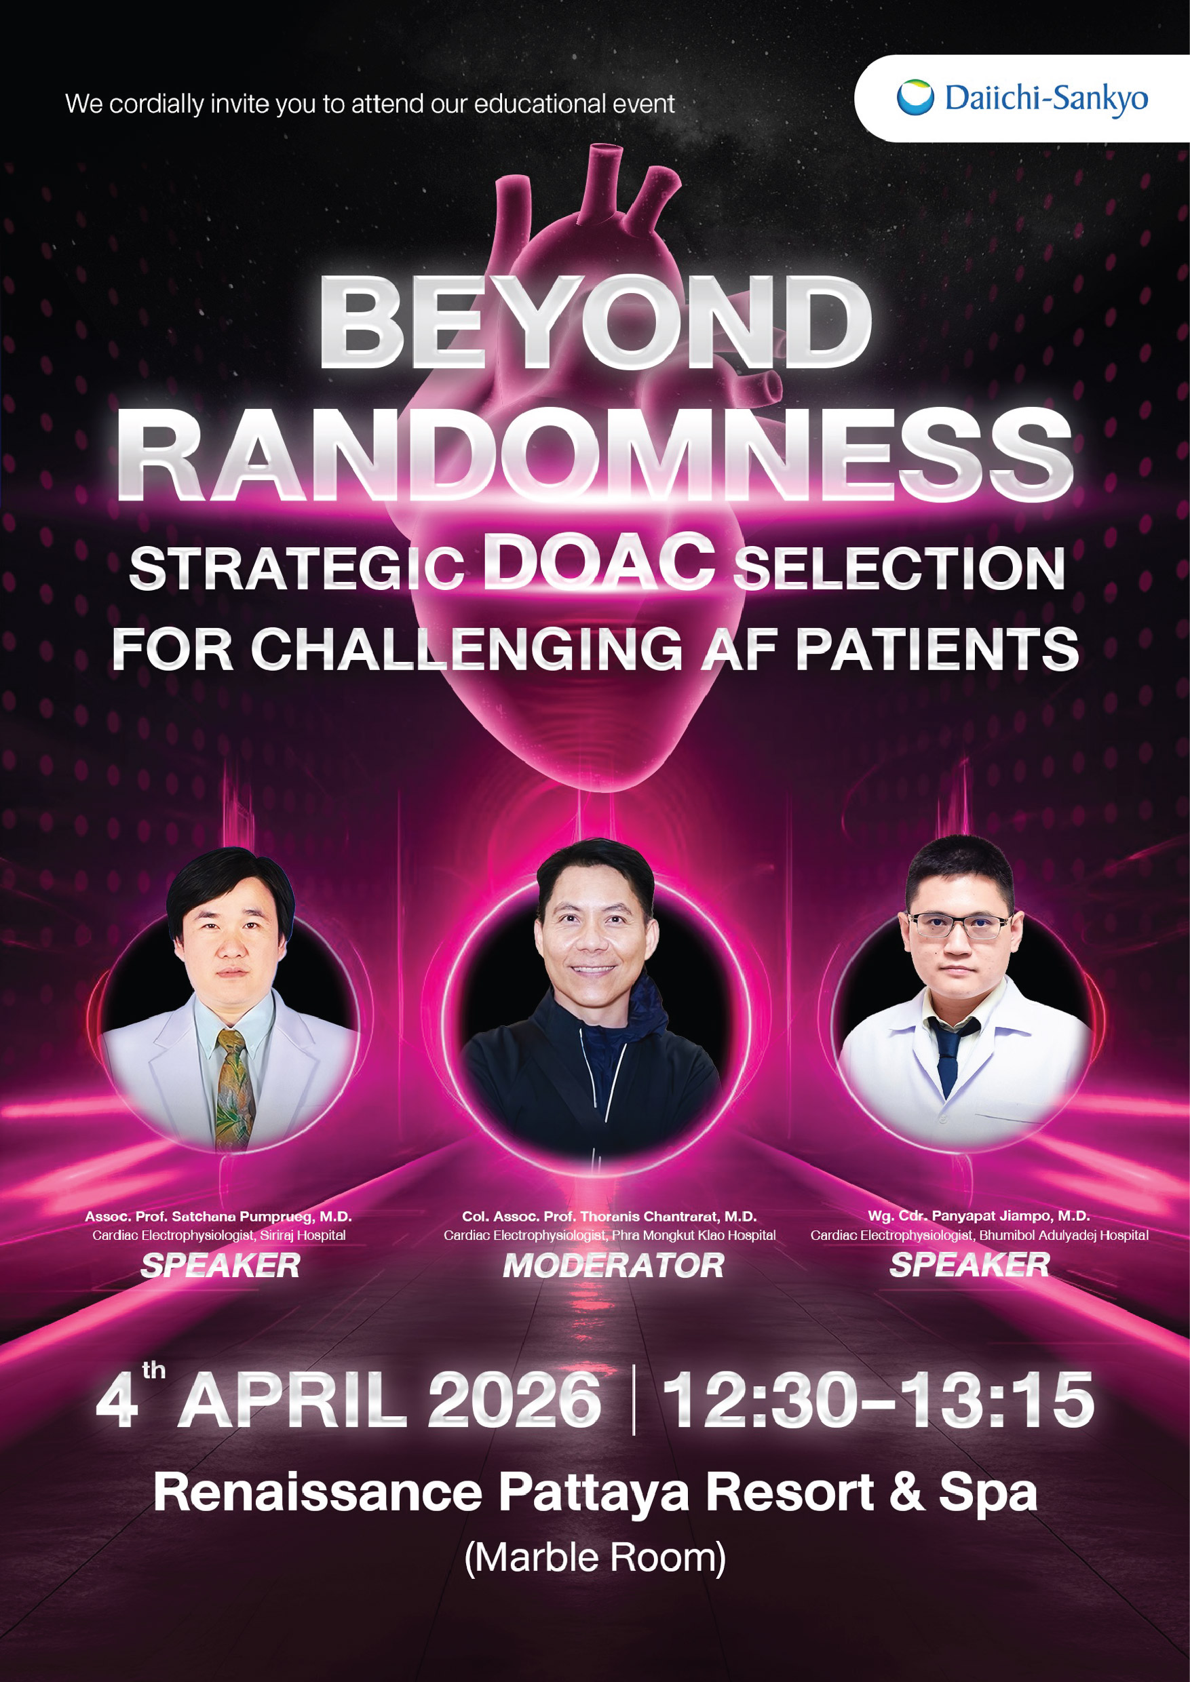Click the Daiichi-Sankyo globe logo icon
tap(915, 98)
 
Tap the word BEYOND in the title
tap(595, 323)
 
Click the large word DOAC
tap(598, 561)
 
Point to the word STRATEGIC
tap(296, 569)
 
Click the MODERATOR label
tap(614, 1266)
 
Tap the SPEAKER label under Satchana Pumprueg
tap(220, 1266)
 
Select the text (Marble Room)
tap(595, 1558)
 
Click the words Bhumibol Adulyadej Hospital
tap(1064, 1235)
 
